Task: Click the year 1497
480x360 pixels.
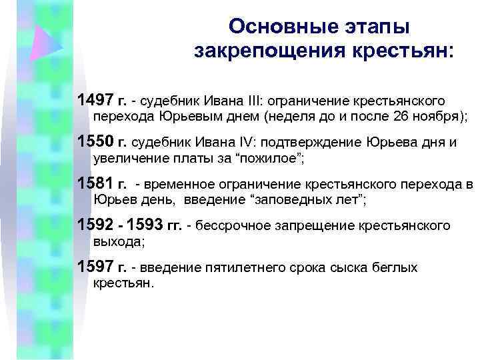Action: [x=96, y=101]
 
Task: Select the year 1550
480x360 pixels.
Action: [x=96, y=142]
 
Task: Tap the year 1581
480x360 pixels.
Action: [x=96, y=183]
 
